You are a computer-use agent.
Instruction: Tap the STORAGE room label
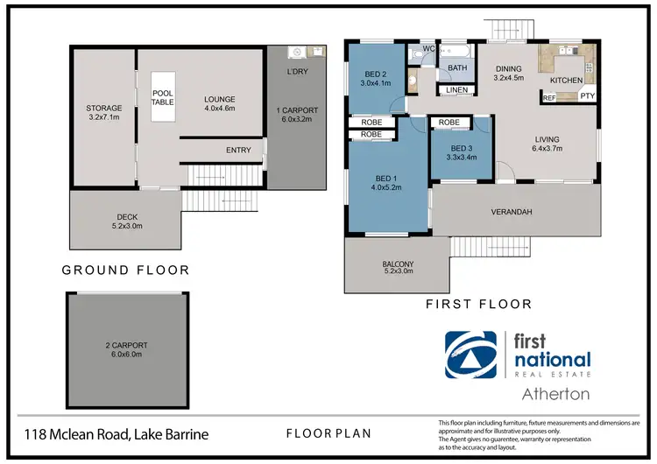point(103,109)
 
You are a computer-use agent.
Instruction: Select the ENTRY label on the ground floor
point(238,150)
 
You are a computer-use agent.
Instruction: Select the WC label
point(429,48)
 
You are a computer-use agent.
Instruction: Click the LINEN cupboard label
point(456,89)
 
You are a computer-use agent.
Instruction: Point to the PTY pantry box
point(587,96)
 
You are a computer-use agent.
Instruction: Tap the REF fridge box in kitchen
point(549,99)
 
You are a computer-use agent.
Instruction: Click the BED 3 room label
point(460,149)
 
